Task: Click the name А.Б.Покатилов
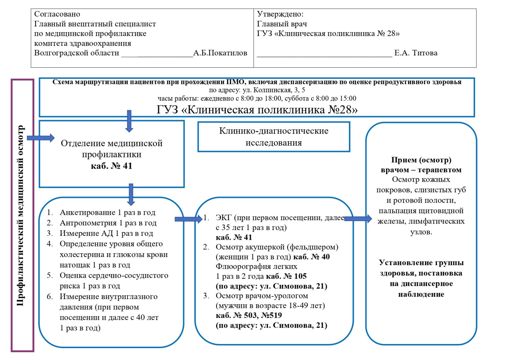pyautogui.click(x=220, y=53)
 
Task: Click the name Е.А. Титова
pyautogui.click(x=416, y=53)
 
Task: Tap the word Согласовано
pyautogui.click(x=57, y=14)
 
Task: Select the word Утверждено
pyautogui.click(x=280, y=14)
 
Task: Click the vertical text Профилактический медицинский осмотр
pyautogui.click(x=21, y=215)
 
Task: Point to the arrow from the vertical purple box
pyautogui.click(x=40, y=138)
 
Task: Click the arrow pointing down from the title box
pyautogui.click(x=129, y=121)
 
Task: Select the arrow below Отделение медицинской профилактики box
pyautogui.click(x=131, y=194)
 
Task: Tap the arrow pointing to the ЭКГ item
pyautogui.click(x=188, y=219)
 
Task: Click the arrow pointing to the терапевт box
pyautogui.click(x=358, y=218)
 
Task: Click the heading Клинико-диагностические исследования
pyautogui.click(x=274, y=137)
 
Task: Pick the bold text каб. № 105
pyautogui.click(x=286, y=276)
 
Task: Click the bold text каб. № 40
pyautogui.click(x=311, y=257)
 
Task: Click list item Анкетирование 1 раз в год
pyautogui.click(x=107, y=212)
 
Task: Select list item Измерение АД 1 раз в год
pyautogui.click(x=106, y=233)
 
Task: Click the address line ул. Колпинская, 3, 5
pyautogui.click(x=257, y=90)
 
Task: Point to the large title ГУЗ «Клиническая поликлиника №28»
pyautogui.click(x=257, y=109)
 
